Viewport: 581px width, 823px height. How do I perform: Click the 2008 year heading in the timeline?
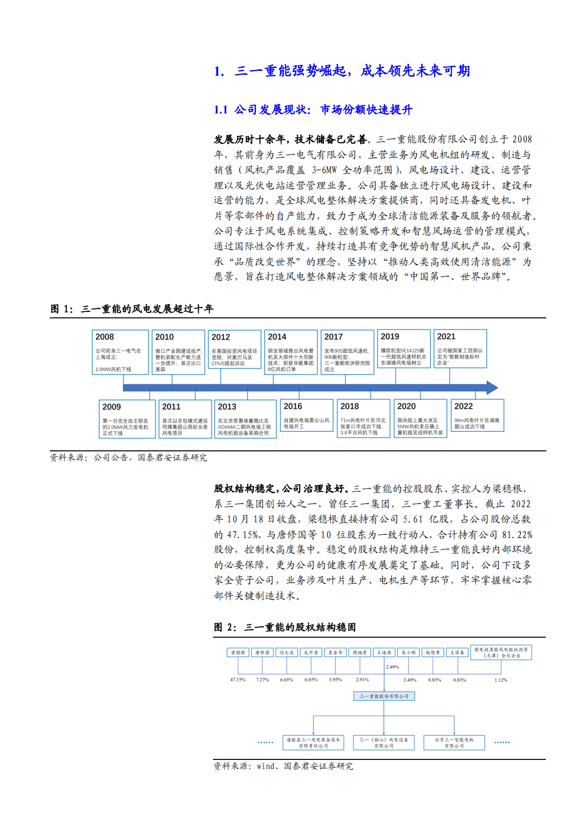(105, 337)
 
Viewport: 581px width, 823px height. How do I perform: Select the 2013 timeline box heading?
(227, 407)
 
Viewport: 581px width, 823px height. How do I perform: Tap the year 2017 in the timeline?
(333, 337)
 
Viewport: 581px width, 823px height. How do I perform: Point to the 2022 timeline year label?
(463, 406)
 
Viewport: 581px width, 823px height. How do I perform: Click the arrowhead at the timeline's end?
(492, 388)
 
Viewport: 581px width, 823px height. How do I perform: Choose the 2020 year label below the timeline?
(406, 406)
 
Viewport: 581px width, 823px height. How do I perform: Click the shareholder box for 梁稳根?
(238, 652)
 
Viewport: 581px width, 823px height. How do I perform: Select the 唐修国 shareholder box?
(262, 652)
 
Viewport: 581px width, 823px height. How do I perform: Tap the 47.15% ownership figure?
(238, 680)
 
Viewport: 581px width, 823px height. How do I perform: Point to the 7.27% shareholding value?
(262, 680)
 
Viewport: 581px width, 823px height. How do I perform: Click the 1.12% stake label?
(501, 680)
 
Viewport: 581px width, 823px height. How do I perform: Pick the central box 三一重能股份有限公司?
(384, 696)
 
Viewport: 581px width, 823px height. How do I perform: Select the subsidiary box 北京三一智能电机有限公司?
(454, 742)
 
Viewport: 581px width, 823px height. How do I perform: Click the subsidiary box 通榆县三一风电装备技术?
(313, 742)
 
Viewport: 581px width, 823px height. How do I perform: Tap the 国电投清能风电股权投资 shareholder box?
(501, 652)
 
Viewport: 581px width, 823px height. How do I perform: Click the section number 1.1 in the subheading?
(221, 110)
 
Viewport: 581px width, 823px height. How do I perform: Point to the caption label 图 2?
(225, 627)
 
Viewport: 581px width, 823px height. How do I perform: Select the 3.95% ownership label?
(336, 680)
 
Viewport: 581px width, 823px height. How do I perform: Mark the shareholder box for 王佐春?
(457, 652)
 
